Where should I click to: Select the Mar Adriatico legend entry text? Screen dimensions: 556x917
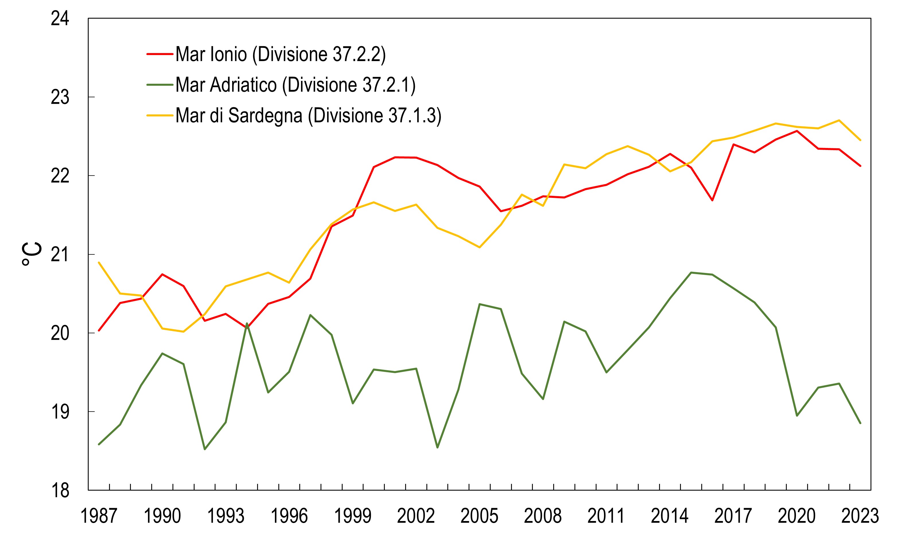pos(296,85)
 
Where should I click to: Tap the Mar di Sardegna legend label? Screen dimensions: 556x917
pos(308,115)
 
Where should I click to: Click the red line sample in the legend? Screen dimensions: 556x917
pos(160,54)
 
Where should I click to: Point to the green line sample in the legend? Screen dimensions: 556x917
pos(160,85)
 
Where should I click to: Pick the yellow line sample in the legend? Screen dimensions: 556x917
pos(160,115)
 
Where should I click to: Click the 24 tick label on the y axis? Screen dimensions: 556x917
pos(60,19)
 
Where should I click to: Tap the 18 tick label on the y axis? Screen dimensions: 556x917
pos(60,491)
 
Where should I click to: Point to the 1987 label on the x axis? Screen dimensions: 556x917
pos(99,516)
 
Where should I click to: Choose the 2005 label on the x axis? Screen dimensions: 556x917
pos(479,516)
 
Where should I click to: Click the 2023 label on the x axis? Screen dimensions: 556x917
pos(860,516)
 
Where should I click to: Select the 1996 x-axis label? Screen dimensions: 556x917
pos(289,516)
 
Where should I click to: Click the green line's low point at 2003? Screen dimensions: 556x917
pos(437,447)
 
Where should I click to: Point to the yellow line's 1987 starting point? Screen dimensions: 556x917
pos(99,263)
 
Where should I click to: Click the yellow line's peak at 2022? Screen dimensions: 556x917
pos(839,120)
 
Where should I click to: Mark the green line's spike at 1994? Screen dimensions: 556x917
pos(247,323)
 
